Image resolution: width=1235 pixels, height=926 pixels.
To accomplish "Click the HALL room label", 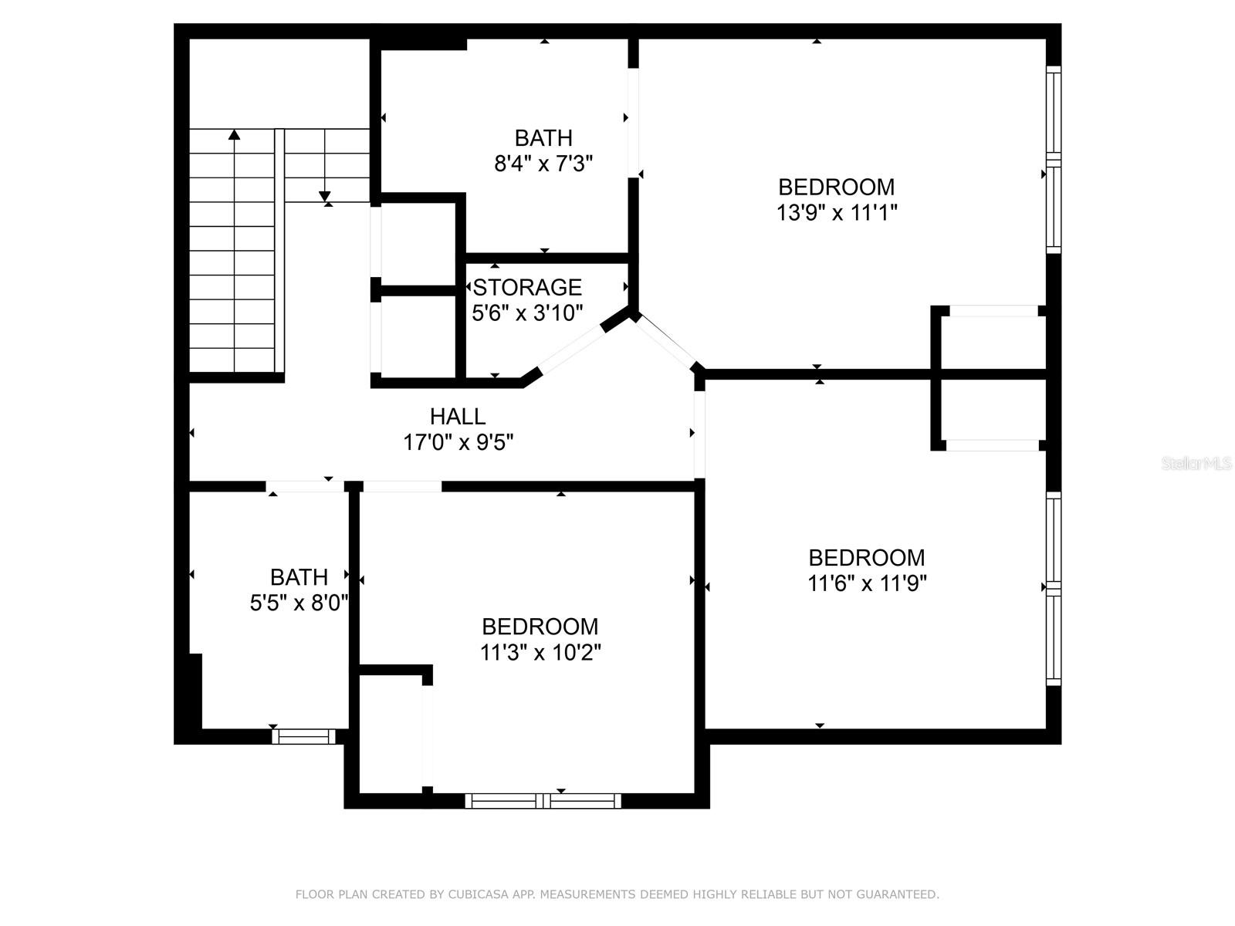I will [x=458, y=417].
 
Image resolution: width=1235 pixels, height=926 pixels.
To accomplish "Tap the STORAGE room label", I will [x=527, y=287].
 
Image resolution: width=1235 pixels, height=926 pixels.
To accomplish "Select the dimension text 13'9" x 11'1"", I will [x=837, y=212].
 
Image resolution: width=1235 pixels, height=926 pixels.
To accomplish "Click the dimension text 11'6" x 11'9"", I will [x=867, y=583].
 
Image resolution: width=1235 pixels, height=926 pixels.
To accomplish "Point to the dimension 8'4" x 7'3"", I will [x=543, y=164].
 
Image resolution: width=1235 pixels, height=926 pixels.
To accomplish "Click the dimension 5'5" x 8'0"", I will [x=299, y=603].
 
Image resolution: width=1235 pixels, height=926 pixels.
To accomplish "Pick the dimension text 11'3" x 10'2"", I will [x=540, y=652].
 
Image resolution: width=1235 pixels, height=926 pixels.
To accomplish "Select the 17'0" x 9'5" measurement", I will [x=458, y=442].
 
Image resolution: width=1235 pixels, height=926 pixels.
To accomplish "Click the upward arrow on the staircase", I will [x=234, y=136].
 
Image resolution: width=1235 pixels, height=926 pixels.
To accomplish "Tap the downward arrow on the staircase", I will [x=325, y=196].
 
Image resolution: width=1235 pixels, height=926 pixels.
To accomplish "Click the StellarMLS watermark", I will [x=1196, y=464].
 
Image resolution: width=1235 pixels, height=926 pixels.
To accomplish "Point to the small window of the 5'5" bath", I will [x=304, y=737].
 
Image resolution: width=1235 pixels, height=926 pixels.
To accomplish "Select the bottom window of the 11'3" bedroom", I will [x=543, y=801].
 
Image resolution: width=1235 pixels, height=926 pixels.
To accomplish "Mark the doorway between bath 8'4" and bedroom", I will [x=634, y=123].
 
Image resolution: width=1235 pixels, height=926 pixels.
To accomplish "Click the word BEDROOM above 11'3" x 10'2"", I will [x=540, y=627].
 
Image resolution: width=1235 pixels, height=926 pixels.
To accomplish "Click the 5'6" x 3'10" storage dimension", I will [x=527, y=313].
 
